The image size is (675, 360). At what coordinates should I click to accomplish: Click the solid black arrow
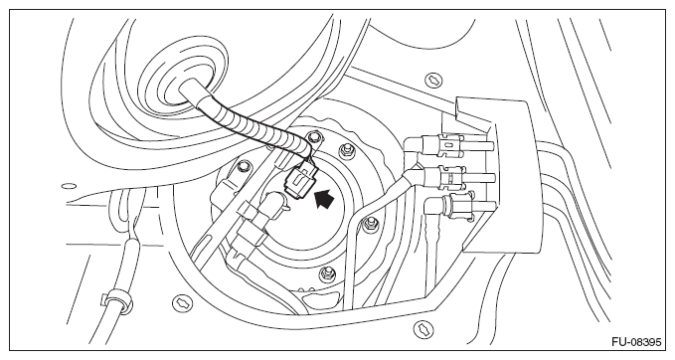tap(324, 203)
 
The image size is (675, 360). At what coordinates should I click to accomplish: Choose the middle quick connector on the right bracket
tap(446, 180)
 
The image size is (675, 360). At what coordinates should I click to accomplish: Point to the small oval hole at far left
tap(67, 185)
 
